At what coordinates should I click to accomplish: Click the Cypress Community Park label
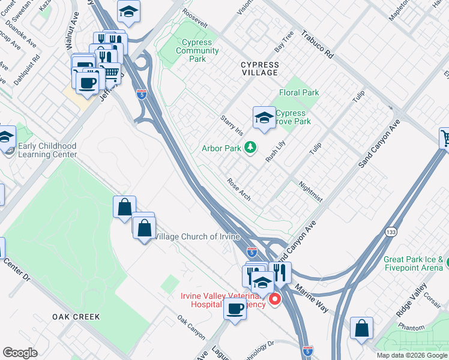point(197,51)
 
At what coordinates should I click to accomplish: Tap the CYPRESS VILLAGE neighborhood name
point(259,68)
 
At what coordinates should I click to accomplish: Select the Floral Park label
point(299,93)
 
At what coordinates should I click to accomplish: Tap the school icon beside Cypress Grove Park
point(264,118)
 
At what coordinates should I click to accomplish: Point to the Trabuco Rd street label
point(317,44)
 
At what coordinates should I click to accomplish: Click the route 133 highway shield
point(391,232)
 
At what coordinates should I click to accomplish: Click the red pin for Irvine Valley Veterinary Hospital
point(276,298)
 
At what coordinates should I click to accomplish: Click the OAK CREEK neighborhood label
point(76,316)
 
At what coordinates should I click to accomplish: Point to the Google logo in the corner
point(20,353)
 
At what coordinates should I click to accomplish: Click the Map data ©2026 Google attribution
point(412,355)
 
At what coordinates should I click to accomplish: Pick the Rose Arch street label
point(238,190)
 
